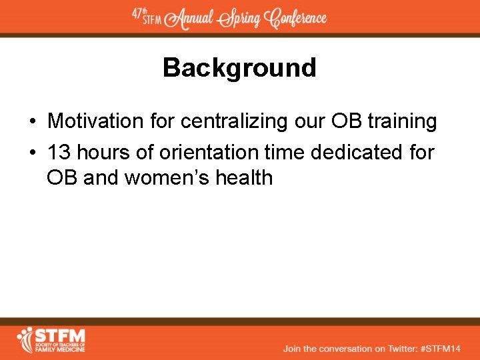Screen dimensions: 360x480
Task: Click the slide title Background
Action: point(239,68)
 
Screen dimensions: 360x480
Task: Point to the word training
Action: point(402,121)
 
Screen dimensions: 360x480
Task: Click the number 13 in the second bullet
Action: point(59,152)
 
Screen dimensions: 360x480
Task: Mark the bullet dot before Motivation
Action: point(32,122)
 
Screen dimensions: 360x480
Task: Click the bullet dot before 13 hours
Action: point(32,153)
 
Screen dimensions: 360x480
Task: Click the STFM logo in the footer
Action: point(51,339)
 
